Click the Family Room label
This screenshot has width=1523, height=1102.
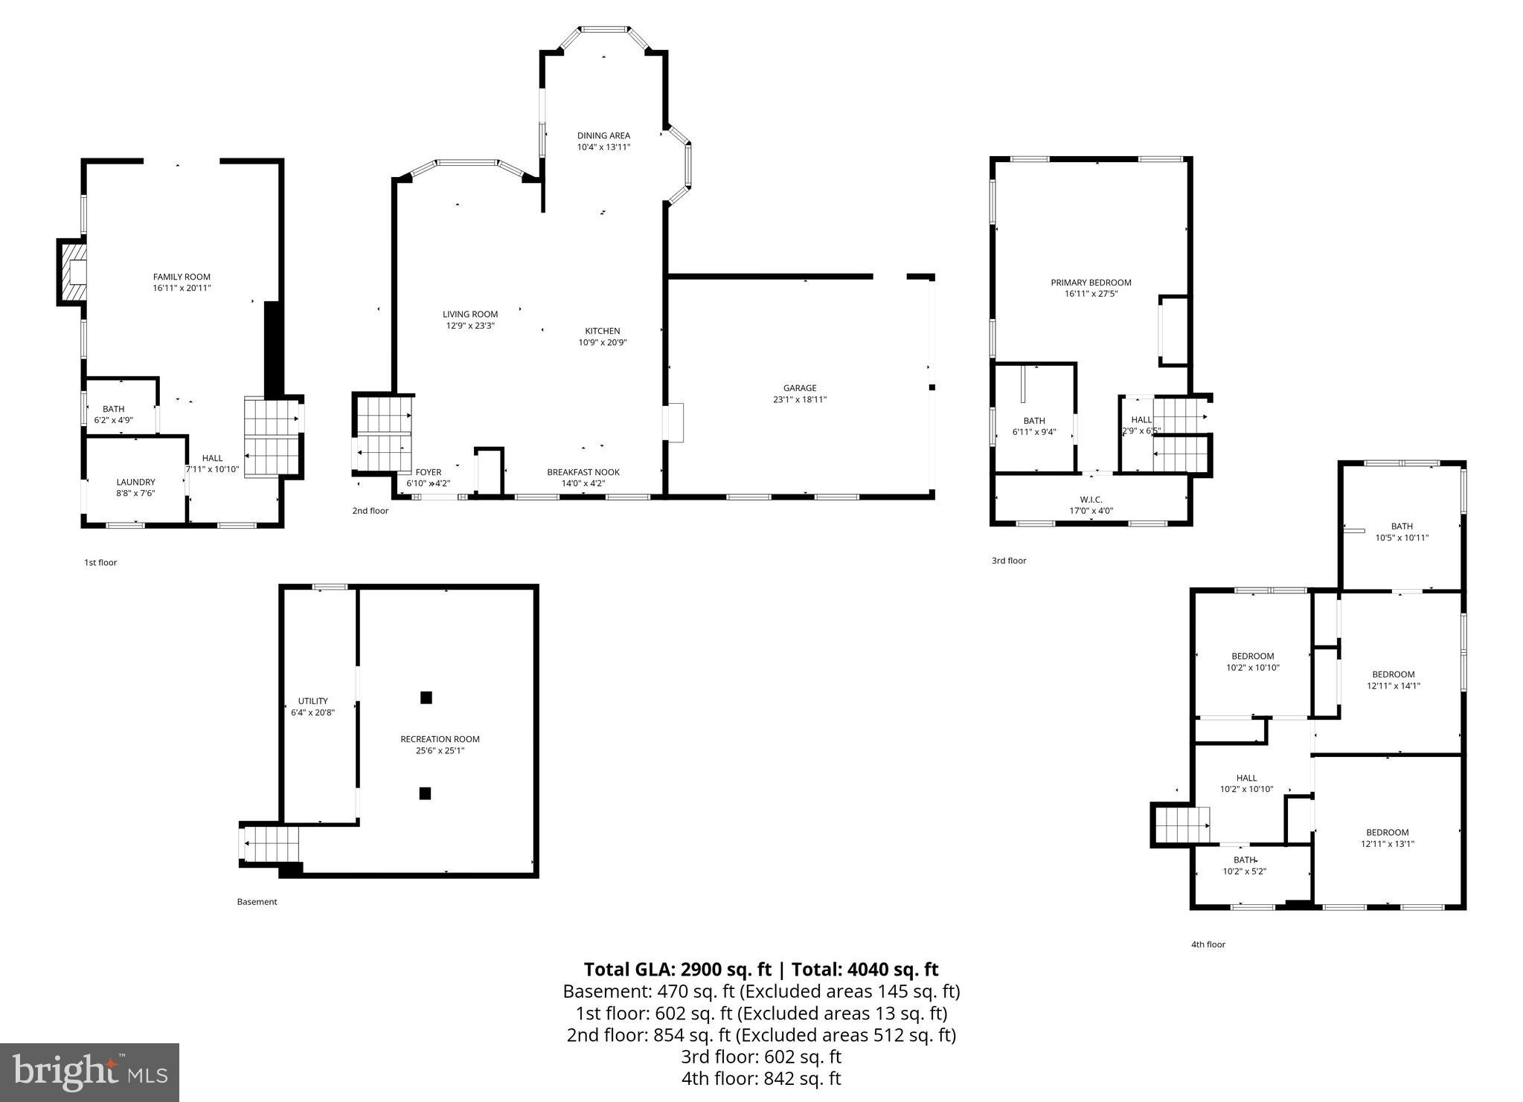(182, 277)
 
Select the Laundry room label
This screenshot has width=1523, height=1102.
(135, 482)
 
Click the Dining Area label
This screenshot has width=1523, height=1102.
(603, 135)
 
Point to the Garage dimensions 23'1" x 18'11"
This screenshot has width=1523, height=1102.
(799, 399)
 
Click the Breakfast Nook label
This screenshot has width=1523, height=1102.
(583, 472)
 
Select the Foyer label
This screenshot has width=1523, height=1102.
(428, 472)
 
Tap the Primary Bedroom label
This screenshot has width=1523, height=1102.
(1090, 283)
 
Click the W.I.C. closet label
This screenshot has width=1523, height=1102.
(1091, 499)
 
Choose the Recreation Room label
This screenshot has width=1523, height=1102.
(440, 739)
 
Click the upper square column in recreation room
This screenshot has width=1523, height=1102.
(426, 697)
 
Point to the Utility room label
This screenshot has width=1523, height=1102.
(312, 701)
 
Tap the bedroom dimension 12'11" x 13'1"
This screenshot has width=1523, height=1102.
(1387, 844)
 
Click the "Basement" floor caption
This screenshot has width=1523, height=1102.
(257, 902)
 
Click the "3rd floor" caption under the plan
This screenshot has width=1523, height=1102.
(1008, 561)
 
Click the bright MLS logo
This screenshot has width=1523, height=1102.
(89, 1072)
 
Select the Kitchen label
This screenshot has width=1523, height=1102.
(602, 331)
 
